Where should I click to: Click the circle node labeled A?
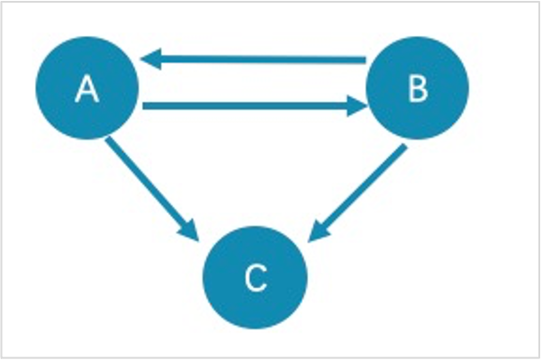pos(87,88)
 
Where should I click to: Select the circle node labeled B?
pos(417,88)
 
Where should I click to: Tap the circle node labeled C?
pos(255,277)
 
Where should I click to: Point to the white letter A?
pos(87,89)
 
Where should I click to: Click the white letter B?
pos(418,89)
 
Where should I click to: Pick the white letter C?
pos(256,278)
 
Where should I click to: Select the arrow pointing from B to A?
pos(253,59)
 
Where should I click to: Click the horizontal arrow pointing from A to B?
pos(255,105)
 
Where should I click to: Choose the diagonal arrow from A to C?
pos(152,189)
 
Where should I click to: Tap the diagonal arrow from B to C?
pos(357,193)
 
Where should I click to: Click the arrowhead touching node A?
pos(150,59)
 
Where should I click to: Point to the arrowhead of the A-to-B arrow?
pos(357,106)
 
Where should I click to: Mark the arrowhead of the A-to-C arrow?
pos(191,230)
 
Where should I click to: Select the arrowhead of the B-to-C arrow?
pos(317,232)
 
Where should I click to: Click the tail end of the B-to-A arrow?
pos(366,60)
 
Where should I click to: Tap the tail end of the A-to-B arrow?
pos(143,105)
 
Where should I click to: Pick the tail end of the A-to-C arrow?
pos(108,139)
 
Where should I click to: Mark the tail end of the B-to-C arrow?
pos(405,147)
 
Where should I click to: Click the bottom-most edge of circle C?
pos(255,328)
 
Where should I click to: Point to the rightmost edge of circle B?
pos(469,88)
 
